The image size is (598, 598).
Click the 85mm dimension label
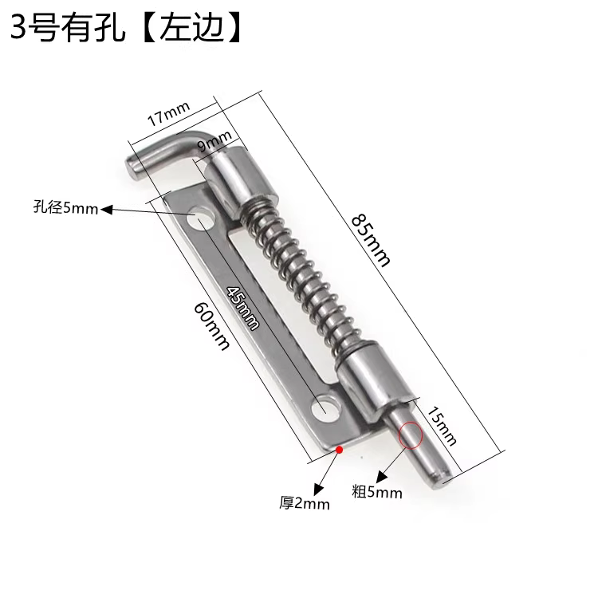pyautogui.click(x=370, y=240)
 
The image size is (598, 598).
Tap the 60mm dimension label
pyautogui.click(x=211, y=326)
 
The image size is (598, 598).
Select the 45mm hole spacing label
pyautogui.click(x=243, y=308)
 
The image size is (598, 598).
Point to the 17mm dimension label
pyautogui.click(x=168, y=113)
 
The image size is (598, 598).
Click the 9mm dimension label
pyautogui.click(x=214, y=140)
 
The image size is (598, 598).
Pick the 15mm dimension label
pyautogui.click(x=441, y=426)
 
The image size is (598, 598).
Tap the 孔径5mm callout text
pyautogui.click(x=65, y=208)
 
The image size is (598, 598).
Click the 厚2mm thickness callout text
pyautogui.click(x=304, y=503)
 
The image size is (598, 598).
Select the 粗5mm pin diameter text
pyautogui.click(x=377, y=492)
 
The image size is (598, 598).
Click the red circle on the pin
pyautogui.click(x=411, y=435)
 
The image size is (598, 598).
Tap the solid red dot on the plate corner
pyautogui.click(x=339, y=450)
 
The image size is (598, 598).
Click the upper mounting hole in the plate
pyautogui.click(x=200, y=218)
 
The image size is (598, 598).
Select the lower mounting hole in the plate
pyautogui.click(x=325, y=409)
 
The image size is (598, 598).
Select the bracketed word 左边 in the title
pyautogui.click(x=192, y=28)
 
